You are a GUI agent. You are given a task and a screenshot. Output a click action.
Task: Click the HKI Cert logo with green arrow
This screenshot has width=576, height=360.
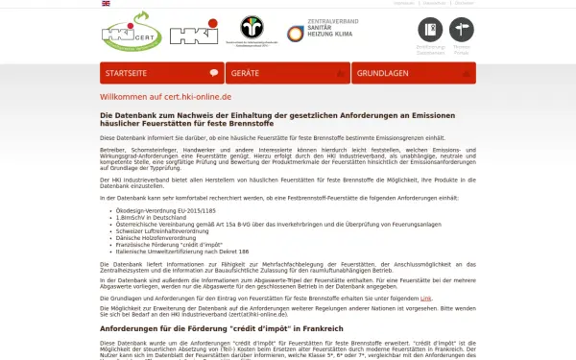point(131,36)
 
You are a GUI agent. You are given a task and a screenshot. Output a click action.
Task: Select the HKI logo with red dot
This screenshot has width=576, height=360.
point(194,35)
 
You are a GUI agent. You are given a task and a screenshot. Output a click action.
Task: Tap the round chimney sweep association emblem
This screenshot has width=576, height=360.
point(252,29)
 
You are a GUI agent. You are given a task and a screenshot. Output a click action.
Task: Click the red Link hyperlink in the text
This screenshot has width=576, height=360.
point(425,300)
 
